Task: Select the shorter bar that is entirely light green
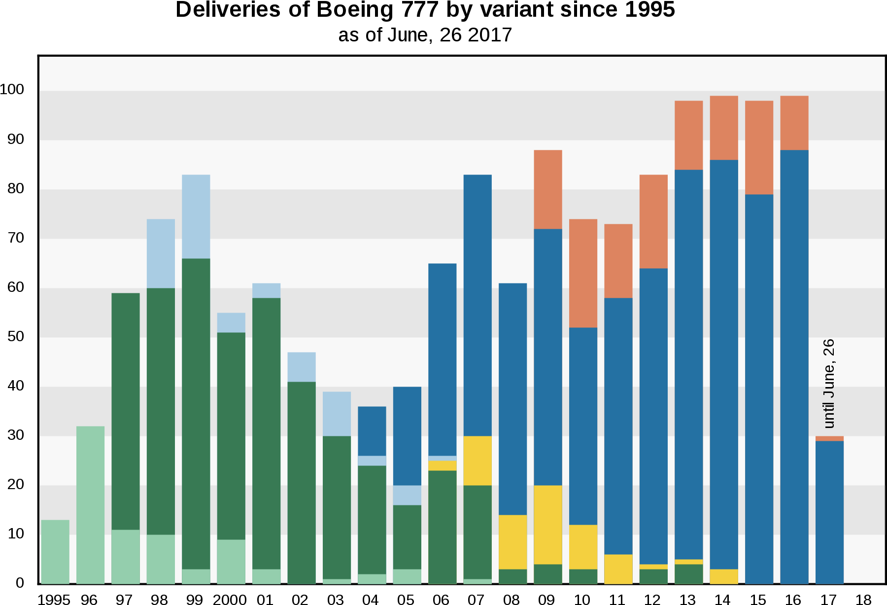55,551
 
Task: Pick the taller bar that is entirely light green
90,504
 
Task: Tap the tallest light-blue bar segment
196,216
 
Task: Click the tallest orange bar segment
583,273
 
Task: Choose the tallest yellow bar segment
548,525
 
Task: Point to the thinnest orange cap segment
829,438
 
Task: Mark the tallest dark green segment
196,414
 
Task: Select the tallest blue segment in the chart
794,366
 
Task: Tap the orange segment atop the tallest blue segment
794,123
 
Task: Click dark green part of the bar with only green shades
126,411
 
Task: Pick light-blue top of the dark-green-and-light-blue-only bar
302,367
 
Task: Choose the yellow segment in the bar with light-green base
478,461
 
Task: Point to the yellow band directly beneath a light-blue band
443,465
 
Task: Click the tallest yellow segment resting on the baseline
618,569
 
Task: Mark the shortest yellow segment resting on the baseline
724,576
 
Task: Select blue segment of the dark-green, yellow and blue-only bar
513,399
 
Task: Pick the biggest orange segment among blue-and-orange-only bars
759,147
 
